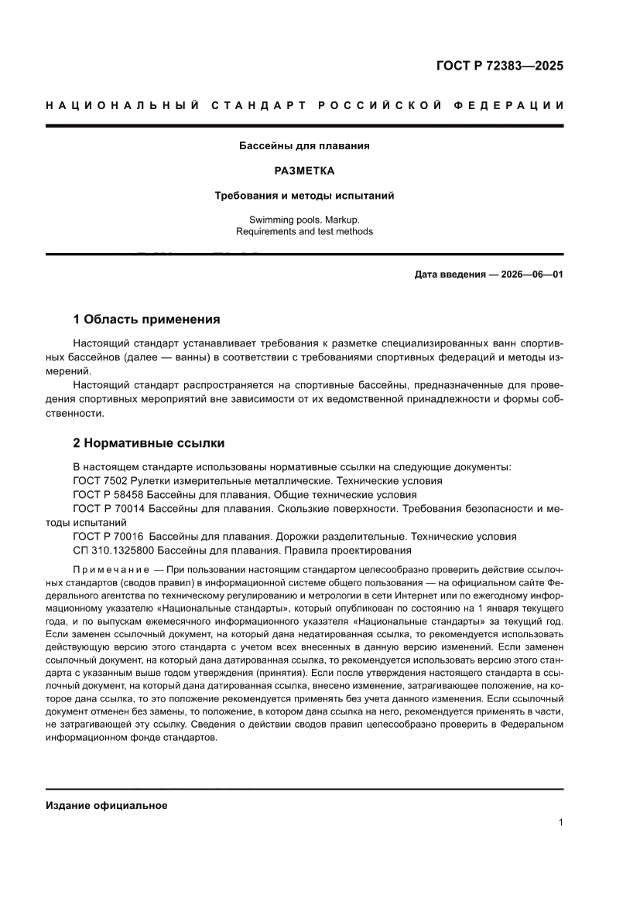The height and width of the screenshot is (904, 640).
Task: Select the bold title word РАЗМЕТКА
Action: pos(304,170)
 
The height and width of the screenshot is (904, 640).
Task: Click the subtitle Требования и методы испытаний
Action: pos(304,196)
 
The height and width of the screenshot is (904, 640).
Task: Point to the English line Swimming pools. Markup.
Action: pos(304,220)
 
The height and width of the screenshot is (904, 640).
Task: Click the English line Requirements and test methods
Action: pos(304,231)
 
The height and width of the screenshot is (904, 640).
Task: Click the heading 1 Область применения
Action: pos(146,319)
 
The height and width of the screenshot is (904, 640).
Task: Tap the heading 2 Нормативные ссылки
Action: pos(149,443)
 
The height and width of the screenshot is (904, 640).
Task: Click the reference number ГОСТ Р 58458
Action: pos(108,494)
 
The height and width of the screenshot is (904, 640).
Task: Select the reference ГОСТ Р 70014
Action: pos(108,508)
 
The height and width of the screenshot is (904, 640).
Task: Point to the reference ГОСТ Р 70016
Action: pos(108,536)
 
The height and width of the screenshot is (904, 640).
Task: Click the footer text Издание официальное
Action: pos(107,805)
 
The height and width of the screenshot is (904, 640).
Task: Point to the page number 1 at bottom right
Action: pos(560,823)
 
